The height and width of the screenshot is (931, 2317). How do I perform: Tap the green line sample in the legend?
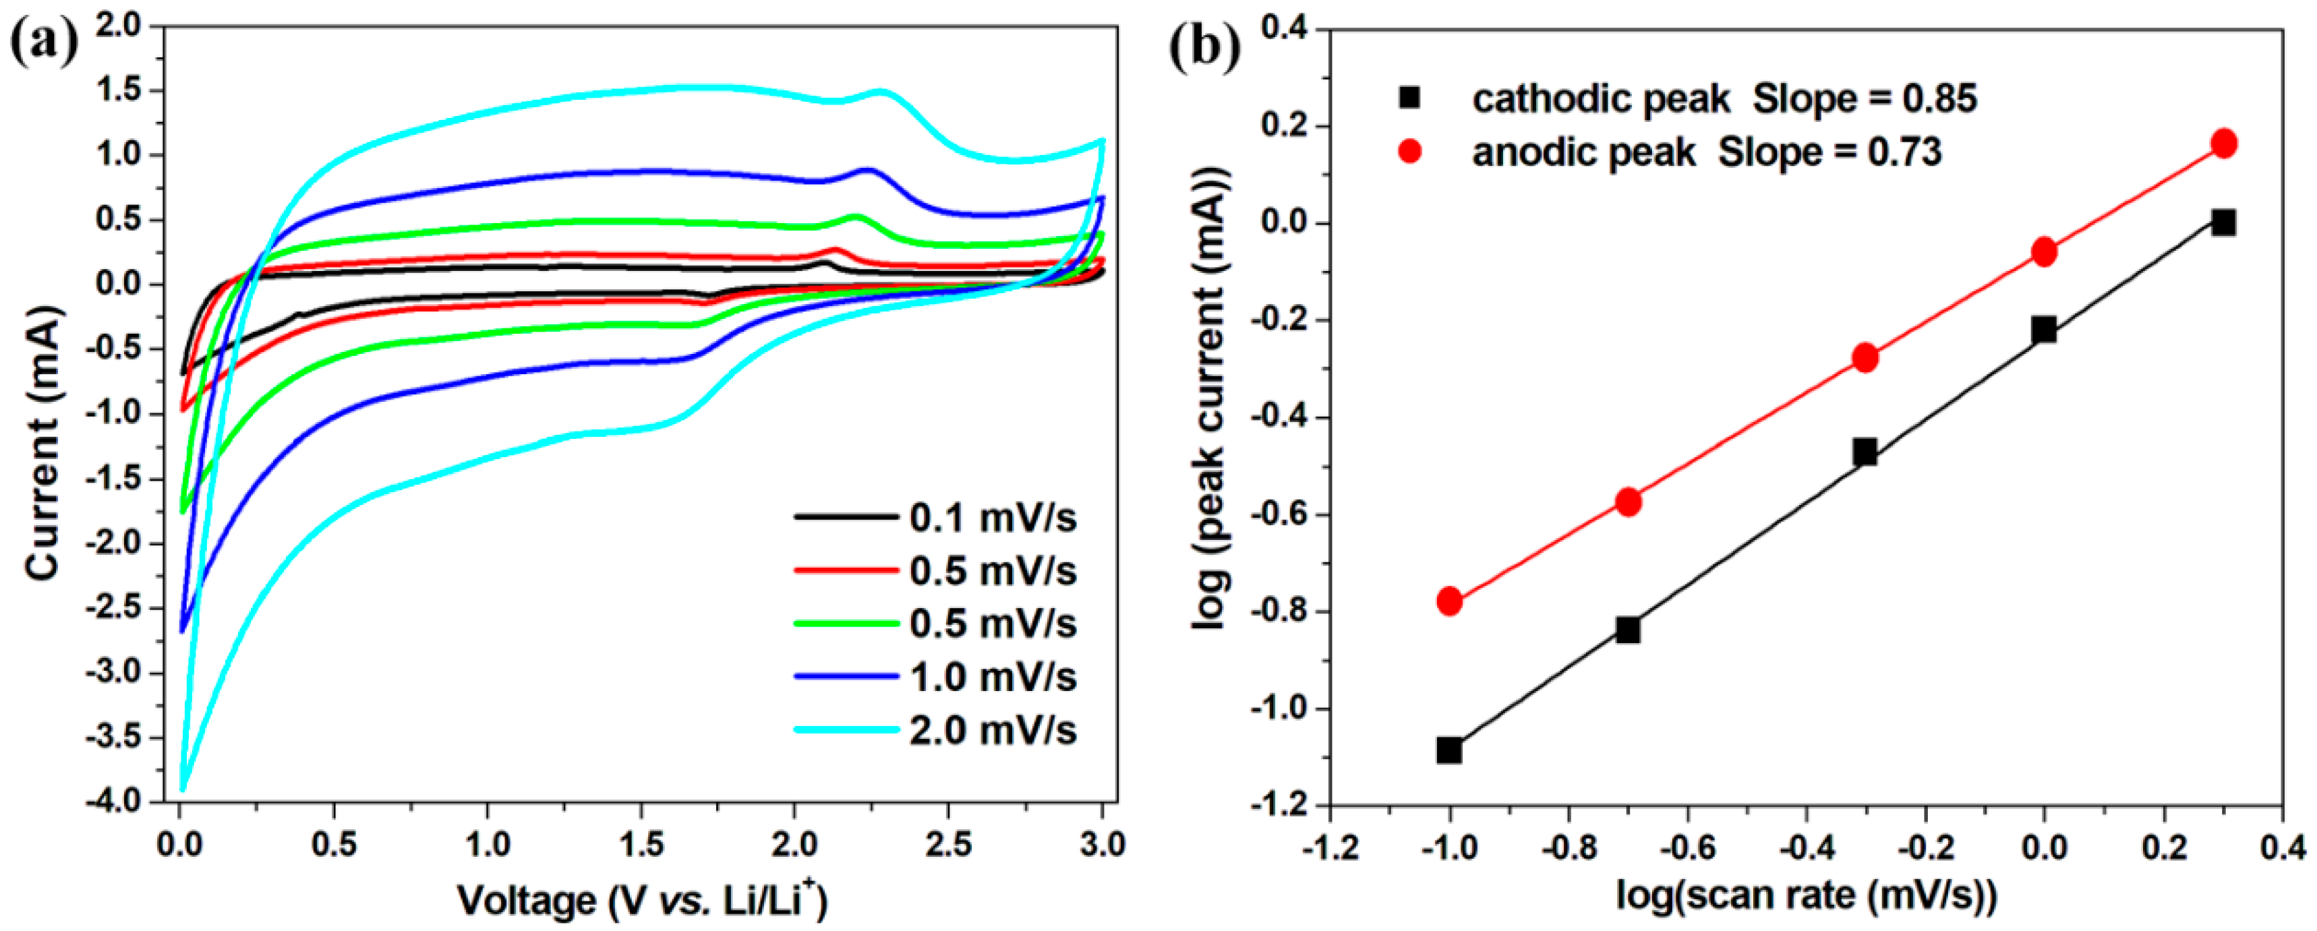[846, 624]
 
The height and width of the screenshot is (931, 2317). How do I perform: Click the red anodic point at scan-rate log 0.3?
[2223, 144]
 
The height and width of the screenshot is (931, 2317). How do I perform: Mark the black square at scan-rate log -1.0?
[1449, 749]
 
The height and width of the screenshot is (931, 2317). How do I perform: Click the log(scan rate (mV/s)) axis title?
[1806, 896]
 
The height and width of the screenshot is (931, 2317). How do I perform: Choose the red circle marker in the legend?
[1409, 152]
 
